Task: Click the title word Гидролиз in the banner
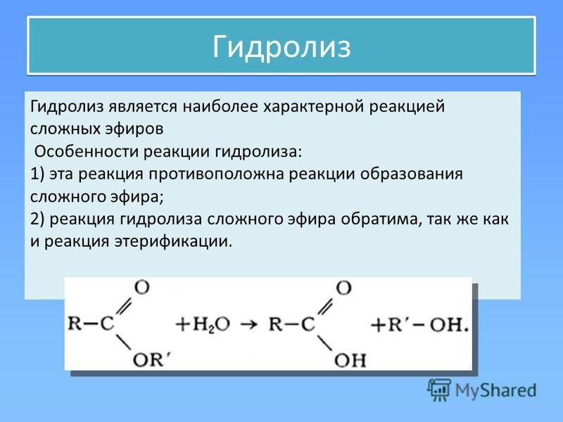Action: pos(281,47)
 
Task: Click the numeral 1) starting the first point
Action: pos(37,174)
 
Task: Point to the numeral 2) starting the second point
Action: pos(37,219)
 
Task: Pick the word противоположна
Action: pos(217,174)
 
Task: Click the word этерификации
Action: pos(174,241)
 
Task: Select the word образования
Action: pos(412,174)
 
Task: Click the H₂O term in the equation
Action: pos(211,325)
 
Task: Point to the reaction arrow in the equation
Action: pos(249,325)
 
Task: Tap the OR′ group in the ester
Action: pos(151,359)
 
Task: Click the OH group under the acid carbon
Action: pos(350,360)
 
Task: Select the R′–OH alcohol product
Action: pos(424,325)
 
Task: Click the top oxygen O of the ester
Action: pos(142,288)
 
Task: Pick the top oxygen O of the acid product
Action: pos(343,288)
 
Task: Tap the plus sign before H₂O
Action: pos(183,325)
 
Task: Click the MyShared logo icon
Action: pos(439,390)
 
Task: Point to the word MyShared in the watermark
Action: pos(496,390)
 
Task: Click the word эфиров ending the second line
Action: pos(134,129)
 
